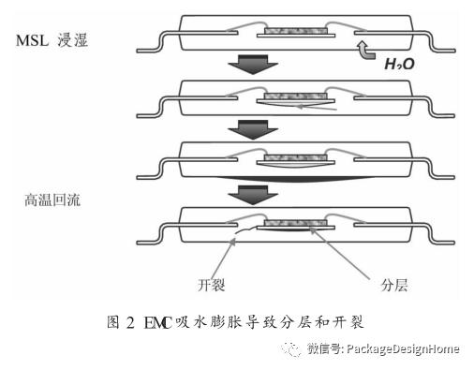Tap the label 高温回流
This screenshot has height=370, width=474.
[x=52, y=199]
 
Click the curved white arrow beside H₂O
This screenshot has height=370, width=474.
[x=367, y=53]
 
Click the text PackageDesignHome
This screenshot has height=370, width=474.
[x=402, y=349]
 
